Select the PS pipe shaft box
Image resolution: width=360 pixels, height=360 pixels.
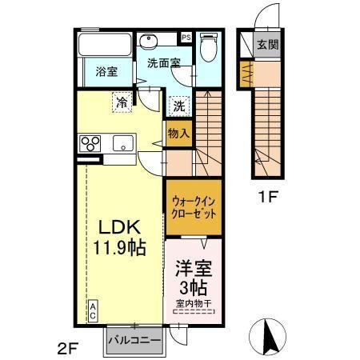pyautogui.click(x=186, y=37)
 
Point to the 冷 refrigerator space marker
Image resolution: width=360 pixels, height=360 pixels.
pyautogui.click(x=121, y=102)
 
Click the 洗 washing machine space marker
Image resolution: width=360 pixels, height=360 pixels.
pyautogui.click(x=179, y=104)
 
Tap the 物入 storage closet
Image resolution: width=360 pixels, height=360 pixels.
pyautogui.click(x=178, y=134)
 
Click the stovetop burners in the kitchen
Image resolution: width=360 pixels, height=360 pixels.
pyautogui.click(x=89, y=144)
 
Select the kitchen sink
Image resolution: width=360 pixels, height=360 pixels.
pyautogui.click(x=123, y=144)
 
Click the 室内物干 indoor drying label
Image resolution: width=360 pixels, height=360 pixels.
pyautogui.click(x=194, y=302)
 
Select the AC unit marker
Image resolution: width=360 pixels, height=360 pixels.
pyautogui.click(x=93, y=309)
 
